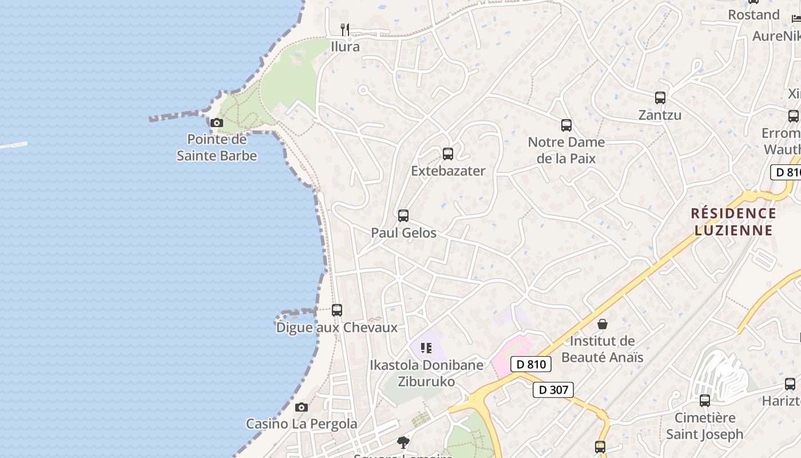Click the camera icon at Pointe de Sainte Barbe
pyautogui.click(x=216, y=123)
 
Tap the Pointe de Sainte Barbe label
pyautogui.click(x=217, y=148)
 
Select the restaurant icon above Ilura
pyautogui.click(x=344, y=29)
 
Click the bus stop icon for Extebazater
pyautogui.click(x=448, y=154)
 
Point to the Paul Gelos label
pyautogui.click(x=403, y=233)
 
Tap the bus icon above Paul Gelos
pyautogui.click(x=403, y=216)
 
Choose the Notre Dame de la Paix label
pyautogui.click(x=566, y=151)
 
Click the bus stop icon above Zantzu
pyautogui.click(x=660, y=98)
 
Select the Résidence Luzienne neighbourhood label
pyautogui.click(x=733, y=222)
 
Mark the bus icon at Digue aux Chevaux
pyautogui.click(x=337, y=310)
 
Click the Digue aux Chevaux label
pyautogui.click(x=336, y=328)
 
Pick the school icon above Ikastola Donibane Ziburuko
pyautogui.click(x=426, y=348)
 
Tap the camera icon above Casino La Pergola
pyautogui.click(x=302, y=408)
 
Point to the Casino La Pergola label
pyautogui.click(x=302, y=424)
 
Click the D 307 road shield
pyautogui.click(x=553, y=390)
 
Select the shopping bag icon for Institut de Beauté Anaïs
pyautogui.click(x=602, y=325)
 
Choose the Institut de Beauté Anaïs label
pyautogui.click(x=602, y=349)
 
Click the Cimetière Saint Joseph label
pyautogui.click(x=705, y=426)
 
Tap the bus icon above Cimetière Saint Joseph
pyautogui.click(x=705, y=401)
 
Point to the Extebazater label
pyautogui.click(x=448, y=171)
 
